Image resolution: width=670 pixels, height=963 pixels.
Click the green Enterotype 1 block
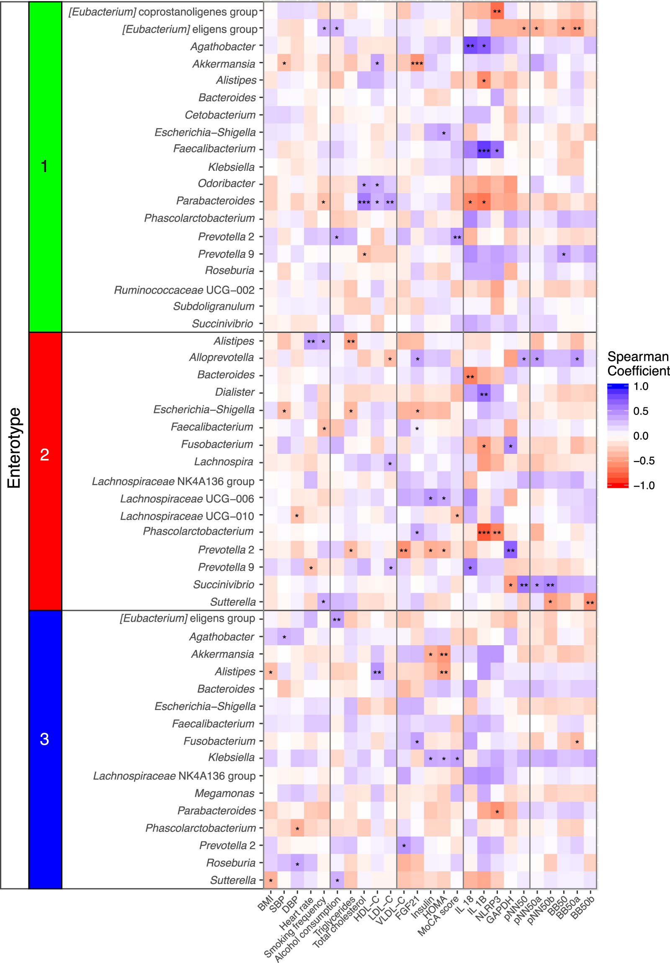[x=45, y=167]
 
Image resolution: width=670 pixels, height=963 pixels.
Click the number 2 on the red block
[x=44, y=455]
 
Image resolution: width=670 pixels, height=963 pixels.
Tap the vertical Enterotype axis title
[x=14, y=448]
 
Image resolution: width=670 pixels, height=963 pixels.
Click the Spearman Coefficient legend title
[x=638, y=364]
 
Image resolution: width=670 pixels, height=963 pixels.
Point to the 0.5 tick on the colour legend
[x=641, y=411]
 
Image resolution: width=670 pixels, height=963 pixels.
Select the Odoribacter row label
[x=226, y=183]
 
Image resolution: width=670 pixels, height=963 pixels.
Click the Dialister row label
[x=234, y=392]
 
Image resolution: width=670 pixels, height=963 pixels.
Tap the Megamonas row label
[x=224, y=793]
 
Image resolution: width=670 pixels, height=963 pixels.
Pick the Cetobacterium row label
[x=220, y=115]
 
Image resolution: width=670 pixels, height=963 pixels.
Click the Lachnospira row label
[x=224, y=462]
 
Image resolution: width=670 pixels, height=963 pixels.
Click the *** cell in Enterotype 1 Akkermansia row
[x=417, y=64]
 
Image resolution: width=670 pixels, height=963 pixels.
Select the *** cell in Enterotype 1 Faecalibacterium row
[x=484, y=150]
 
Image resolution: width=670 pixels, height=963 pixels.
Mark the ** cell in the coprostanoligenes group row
[x=497, y=11]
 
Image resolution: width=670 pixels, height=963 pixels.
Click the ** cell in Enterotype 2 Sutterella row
[x=590, y=603]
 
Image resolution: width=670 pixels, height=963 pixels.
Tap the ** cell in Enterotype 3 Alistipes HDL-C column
[x=377, y=672]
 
